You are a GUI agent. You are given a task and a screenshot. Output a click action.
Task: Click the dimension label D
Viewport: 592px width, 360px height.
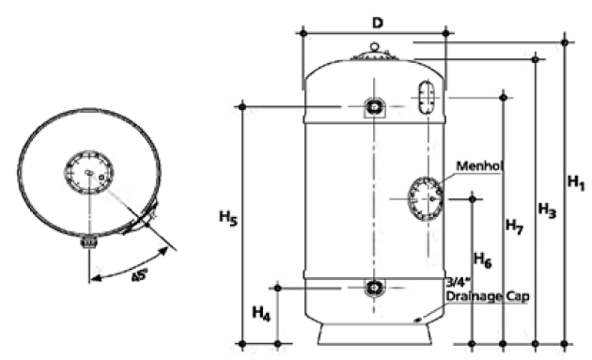(x=377, y=23)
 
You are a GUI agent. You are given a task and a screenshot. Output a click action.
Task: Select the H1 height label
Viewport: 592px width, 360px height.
(x=577, y=183)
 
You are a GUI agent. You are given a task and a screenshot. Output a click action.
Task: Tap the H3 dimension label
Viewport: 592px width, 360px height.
(x=547, y=211)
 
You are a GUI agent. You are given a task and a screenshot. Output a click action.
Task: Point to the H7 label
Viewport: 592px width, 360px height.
(x=514, y=227)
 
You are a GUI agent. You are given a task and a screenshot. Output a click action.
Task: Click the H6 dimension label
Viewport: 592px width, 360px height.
(x=482, y=260)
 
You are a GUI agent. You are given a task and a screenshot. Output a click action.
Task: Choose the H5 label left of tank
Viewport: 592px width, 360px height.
(x=228, y=218)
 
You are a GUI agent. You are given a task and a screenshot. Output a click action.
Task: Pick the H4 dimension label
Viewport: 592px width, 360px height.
(x=261, y=314)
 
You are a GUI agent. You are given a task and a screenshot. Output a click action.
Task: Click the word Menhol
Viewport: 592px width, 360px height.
(x=480, y=165)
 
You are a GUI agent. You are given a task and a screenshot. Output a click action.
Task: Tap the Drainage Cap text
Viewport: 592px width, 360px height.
(x=487, y=296)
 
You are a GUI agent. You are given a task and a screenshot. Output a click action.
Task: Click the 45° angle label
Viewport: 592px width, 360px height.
(x=139, y=274)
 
